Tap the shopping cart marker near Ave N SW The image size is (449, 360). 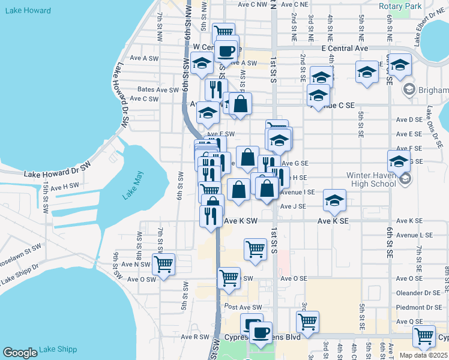coord(163,264)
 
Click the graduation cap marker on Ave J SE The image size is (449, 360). coord(334,200)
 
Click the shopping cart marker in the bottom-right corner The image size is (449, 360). coord(424,337)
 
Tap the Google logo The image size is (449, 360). coord(20,353)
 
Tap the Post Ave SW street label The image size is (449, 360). coord(243,307)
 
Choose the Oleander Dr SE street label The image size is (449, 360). coord(418,293)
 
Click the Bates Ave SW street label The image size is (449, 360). coord(158,89)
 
